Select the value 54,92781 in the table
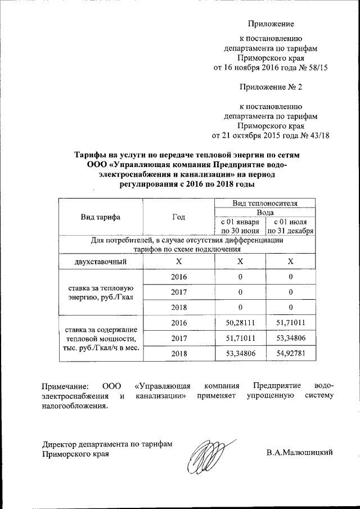(x=290, y=352)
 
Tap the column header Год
(x=178, y=217)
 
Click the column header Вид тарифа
(x=100, y=217)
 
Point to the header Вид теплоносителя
(x=265, y=203)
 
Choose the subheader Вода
(x=265, y=213)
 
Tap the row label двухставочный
(x=100, y=262)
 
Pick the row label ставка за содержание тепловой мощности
(x=100, y=337)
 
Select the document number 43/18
(x=318, y=135)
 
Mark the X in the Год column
(x=178, y=262)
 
